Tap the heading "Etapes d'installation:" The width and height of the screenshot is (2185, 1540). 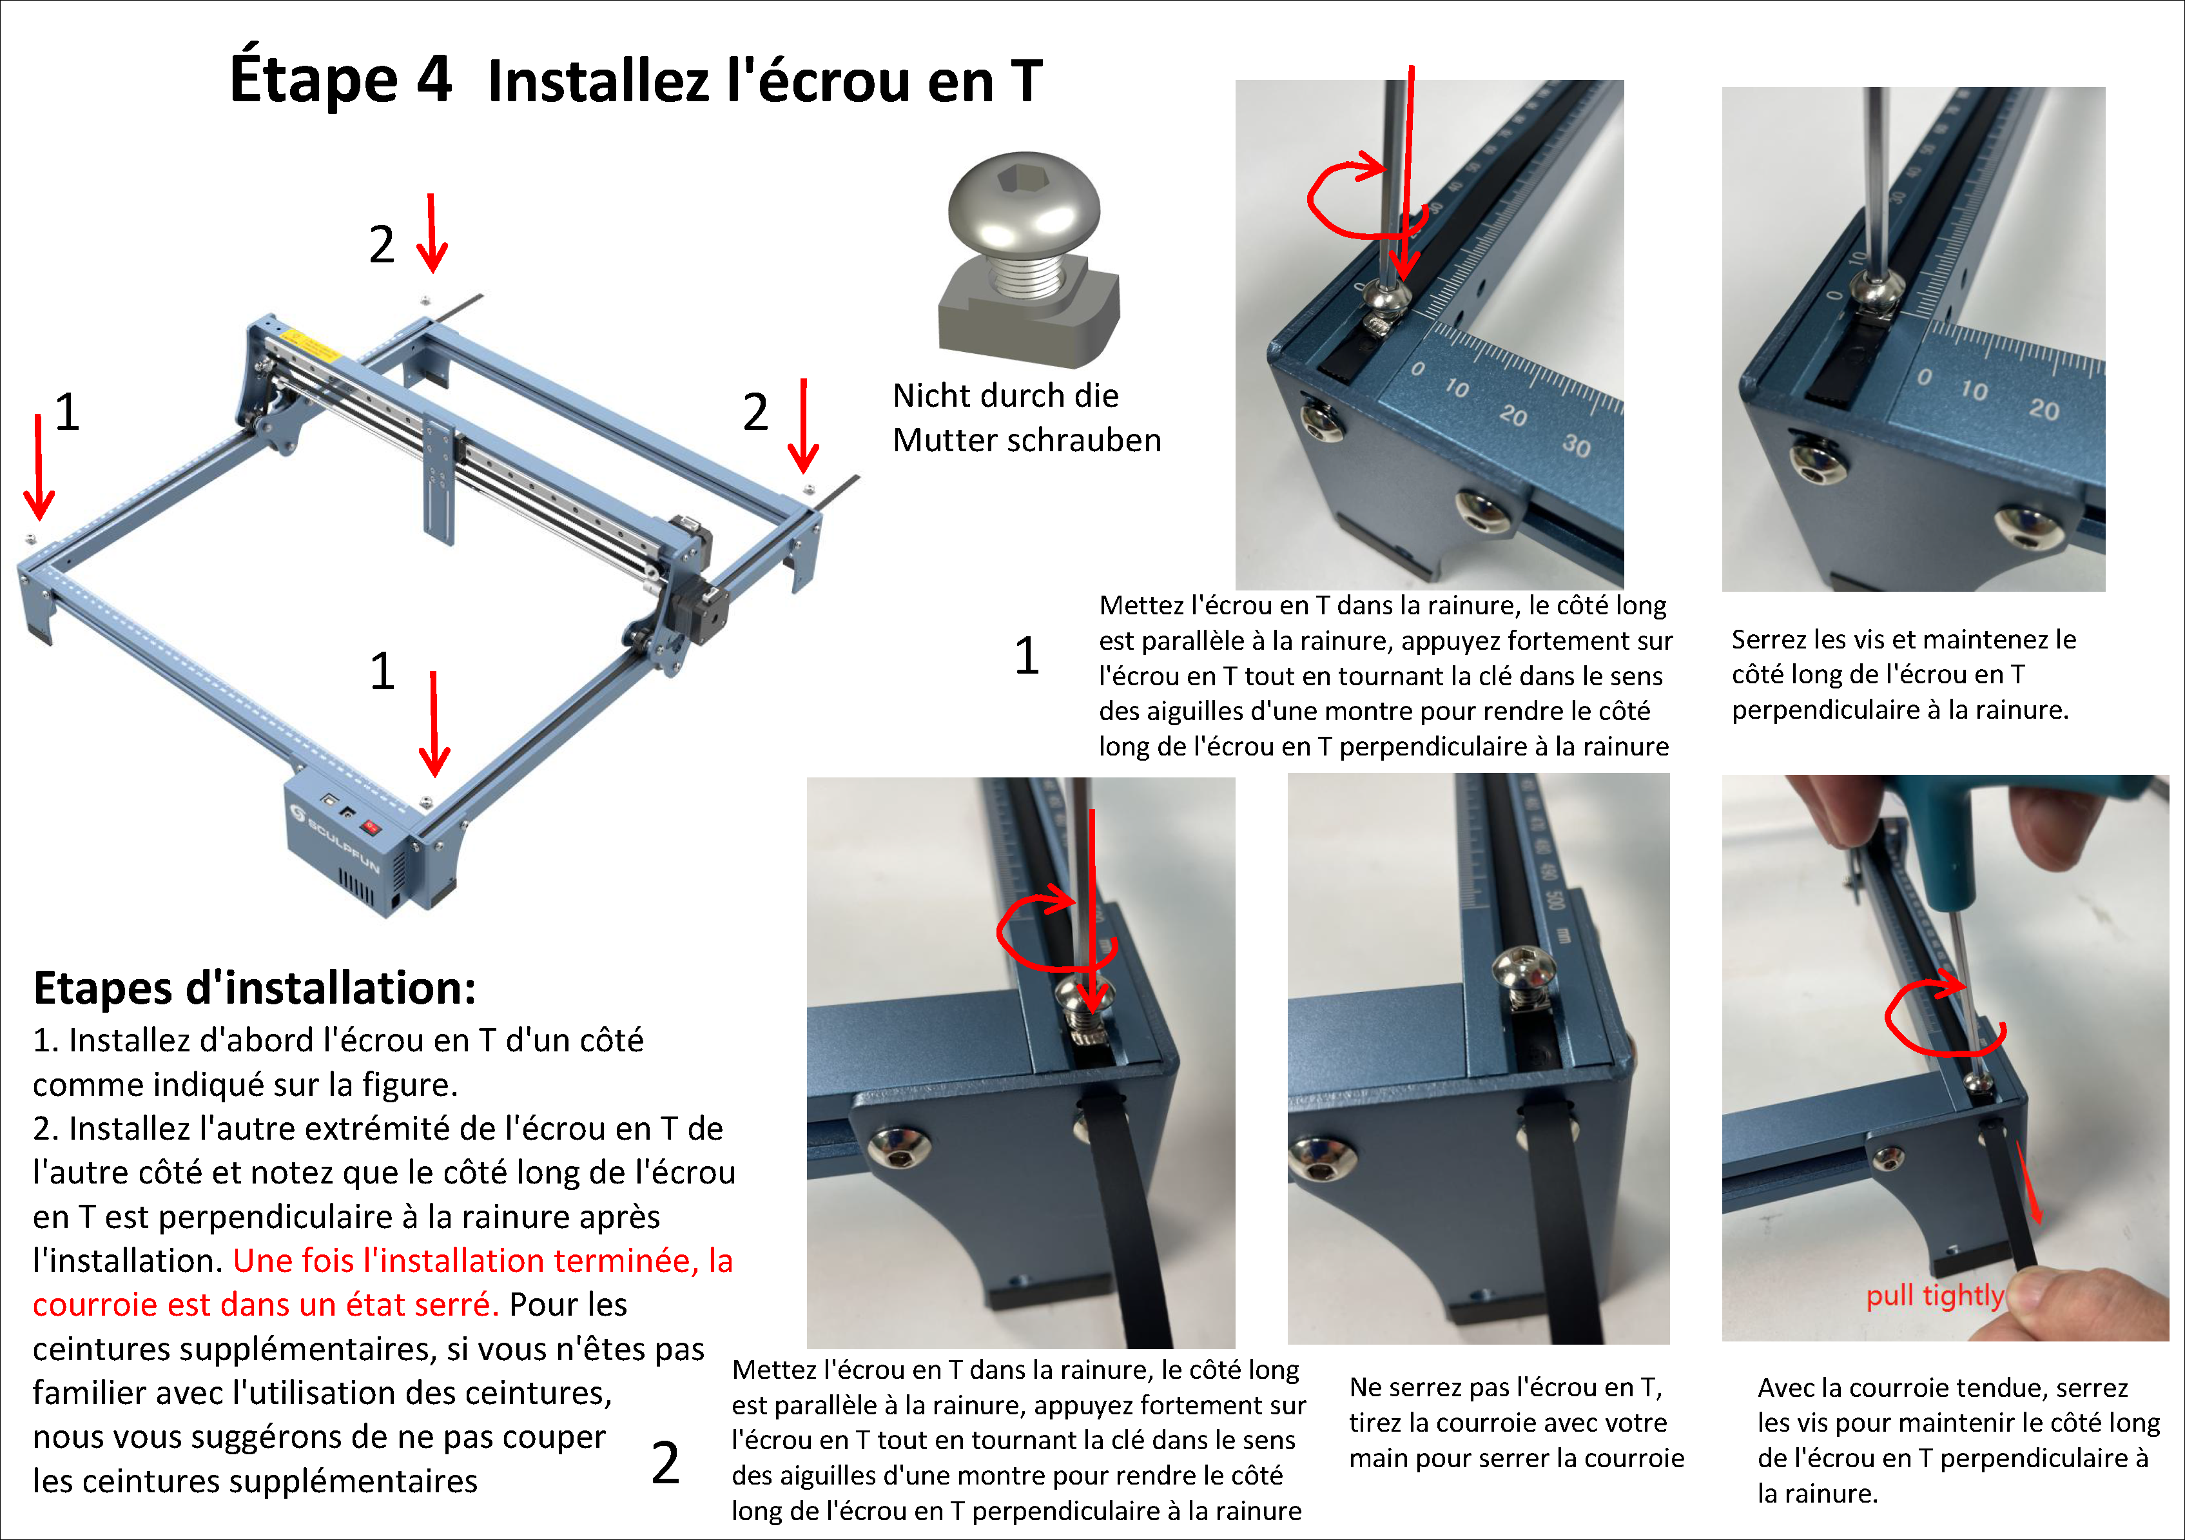point(254,988)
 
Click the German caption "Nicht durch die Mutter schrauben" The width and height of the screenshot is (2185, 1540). point(1027,418)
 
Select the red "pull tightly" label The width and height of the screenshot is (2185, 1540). point(1935,1296)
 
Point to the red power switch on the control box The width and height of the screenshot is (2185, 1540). point(371,827)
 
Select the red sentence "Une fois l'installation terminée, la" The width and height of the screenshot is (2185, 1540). point(483,1260)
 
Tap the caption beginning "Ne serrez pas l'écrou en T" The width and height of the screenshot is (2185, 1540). point(1516,1422)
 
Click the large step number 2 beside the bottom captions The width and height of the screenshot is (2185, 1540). point(665,1463)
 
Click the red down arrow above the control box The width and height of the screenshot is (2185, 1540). point(434,723)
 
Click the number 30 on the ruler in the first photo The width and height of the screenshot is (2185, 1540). point(1576,445)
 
